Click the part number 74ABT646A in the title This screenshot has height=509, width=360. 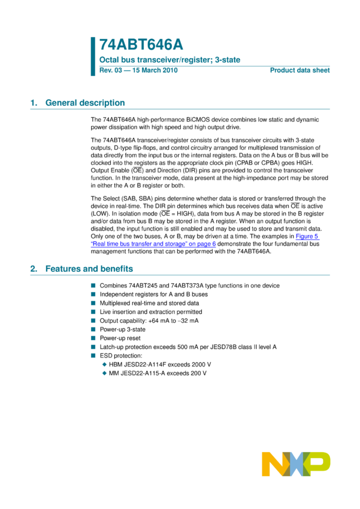point(141,45)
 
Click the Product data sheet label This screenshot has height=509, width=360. point(300,71)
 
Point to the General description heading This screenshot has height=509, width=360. point(85,103)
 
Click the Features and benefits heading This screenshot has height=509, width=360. point(93,269)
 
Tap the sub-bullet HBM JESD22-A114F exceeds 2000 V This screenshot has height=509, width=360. point(160,364)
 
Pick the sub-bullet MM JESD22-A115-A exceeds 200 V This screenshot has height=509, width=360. point(158,373)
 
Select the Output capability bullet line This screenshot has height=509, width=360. point(149,321)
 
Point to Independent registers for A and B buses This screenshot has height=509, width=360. point(153,295)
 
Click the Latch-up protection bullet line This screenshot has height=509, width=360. point(188,347)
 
